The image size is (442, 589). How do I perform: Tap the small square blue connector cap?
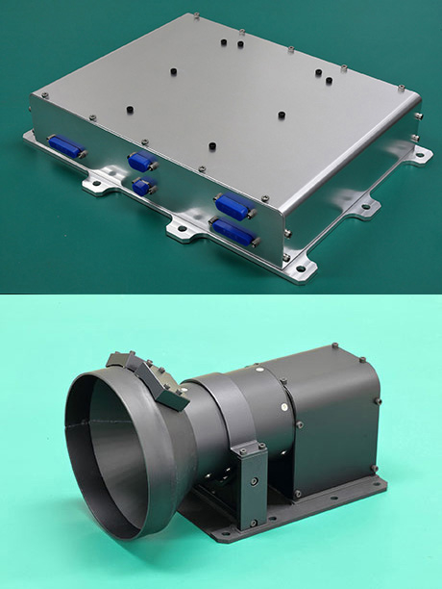pos(143,185)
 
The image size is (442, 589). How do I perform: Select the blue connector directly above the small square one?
pos(141,162)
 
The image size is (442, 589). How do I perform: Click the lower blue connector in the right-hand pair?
pos(233,231)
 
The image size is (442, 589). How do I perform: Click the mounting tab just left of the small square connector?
pos(96,182)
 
